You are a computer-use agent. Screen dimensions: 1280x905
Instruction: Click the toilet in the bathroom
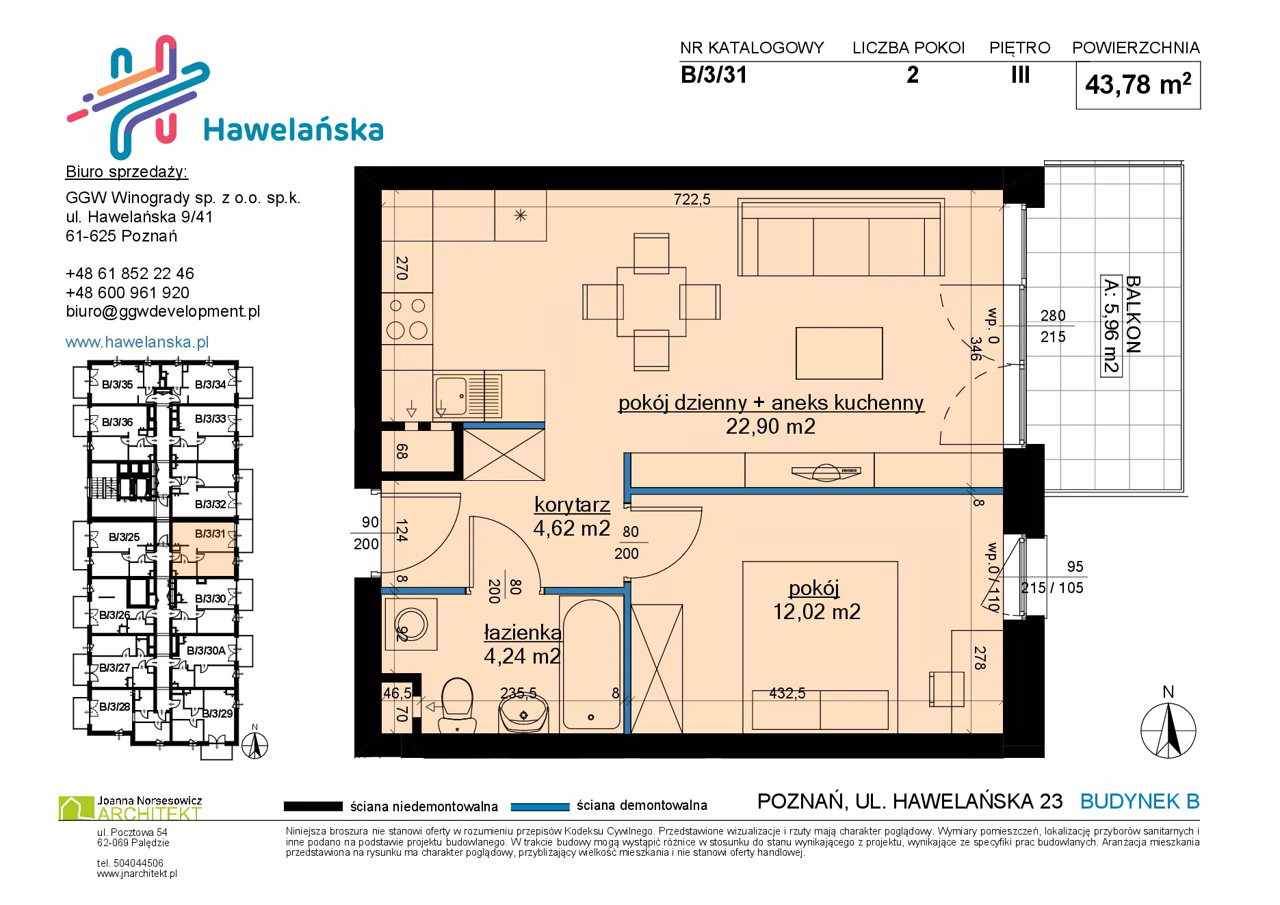click(457, 705)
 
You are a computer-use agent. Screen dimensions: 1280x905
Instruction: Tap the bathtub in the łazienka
click(592, 664)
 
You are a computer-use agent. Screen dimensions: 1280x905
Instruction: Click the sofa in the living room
click(841, 237)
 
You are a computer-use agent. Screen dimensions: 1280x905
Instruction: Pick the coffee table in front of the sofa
click(839, 353)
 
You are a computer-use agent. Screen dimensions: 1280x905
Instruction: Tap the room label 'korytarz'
click(572, 504)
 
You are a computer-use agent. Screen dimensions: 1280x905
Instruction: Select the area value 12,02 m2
click(817, 611)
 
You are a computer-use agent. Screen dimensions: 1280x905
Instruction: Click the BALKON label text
click(1133, 314)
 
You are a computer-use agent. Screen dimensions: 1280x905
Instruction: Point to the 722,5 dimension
click(692, 199)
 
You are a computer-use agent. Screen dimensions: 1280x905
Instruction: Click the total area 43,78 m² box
click(1138, 86)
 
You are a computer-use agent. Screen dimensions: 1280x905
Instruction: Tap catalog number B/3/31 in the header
click(714, 75)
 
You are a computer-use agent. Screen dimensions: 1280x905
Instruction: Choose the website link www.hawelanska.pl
click(137, 342)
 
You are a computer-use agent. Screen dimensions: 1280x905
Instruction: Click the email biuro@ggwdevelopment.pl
click(163, 311)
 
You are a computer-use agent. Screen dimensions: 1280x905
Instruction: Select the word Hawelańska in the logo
click(293, 129)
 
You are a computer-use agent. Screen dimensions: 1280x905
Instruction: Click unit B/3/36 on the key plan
click(117, 422)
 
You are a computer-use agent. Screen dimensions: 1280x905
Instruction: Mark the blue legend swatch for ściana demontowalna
click(540, 806)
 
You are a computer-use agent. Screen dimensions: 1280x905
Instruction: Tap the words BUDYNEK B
click(1140, 801)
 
